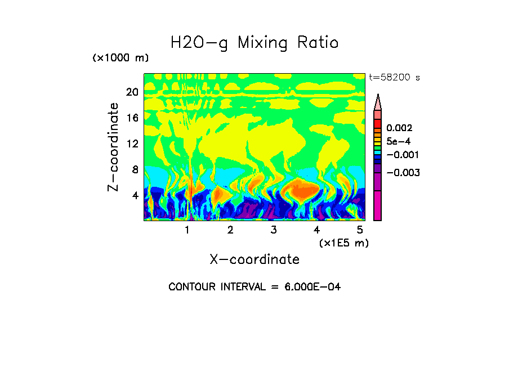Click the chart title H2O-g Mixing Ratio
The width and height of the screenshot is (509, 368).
click(x=254, y=43)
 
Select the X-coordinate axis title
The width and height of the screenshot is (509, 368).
click(x=254, y=259)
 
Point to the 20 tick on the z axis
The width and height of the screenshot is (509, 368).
click(x=132, y=92)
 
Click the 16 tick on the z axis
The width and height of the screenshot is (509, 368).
click(x=132, y=118)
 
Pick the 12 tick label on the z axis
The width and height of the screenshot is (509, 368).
click(x=132, y=143)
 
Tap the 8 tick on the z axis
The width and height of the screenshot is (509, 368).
click(x=135, y=169)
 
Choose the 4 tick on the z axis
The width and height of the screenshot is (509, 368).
click(x=135, y=195)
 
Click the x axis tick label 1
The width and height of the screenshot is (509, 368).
click(x=187, y=230)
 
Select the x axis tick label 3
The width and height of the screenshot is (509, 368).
click(x=273, y=230)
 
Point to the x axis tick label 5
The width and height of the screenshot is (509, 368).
click(x=359, y=230)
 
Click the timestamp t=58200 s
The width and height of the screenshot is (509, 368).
click(x=394, y=78)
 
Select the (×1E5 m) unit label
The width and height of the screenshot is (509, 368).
click(x=343, y=243)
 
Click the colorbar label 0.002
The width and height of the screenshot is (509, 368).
click(x=399, y=128)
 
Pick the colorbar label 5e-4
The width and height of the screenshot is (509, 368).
click(x=399, y=141)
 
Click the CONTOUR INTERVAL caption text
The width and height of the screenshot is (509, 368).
click(x=254, y=287)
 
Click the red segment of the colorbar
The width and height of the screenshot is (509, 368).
click(x=378, y=123)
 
